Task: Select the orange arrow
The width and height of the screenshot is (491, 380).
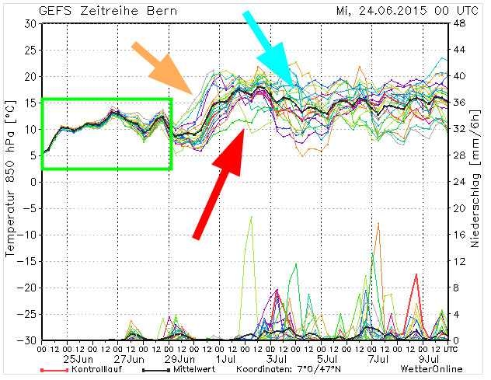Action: click(164, 68)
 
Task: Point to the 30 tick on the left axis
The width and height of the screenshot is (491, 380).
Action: click(30, 23)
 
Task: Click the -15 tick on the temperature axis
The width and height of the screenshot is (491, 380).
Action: click(28, 261)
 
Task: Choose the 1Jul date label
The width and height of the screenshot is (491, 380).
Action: click(227, 359)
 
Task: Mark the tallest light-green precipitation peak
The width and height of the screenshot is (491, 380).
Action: click(251, 217)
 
